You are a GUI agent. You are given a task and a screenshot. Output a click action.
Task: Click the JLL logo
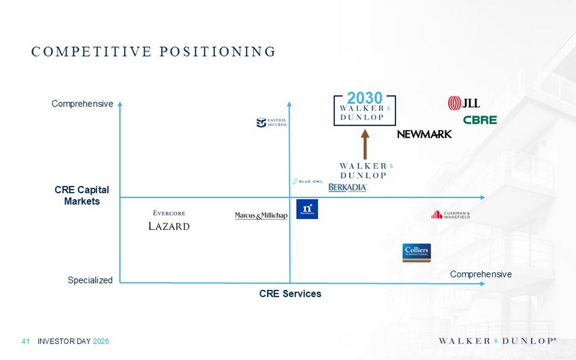(x=464, y=103)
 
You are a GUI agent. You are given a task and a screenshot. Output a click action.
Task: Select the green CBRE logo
(x=480, y=120)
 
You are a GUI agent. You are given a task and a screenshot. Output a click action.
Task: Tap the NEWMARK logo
(x=424, y=134)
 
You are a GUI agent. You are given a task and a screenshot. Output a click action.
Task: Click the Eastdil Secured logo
(x=271, y=122)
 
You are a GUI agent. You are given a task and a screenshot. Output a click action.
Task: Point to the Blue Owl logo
(x=308, y=181)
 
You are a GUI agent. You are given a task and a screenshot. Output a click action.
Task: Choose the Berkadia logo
(x=348, y=187)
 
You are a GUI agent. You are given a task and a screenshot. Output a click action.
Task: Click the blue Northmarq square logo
(x=307, y=209)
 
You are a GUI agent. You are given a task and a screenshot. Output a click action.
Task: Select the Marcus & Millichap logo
(x=261, y=215)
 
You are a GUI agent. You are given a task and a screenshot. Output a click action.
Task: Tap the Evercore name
(x=169, y=213)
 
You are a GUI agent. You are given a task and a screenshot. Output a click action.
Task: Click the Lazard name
(x=169, y=226)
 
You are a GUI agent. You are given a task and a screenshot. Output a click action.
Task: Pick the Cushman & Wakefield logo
(x=450, y=215)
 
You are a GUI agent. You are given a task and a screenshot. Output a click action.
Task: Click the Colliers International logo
(x=417, y=253)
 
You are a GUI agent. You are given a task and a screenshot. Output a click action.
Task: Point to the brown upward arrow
(x=365, y=144)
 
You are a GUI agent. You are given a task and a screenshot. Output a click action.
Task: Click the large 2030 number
(x=365, y=98)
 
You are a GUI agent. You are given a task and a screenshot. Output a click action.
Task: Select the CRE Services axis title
(x=290, y=294)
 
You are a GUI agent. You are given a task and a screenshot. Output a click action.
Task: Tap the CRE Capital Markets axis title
(x=82, y=195)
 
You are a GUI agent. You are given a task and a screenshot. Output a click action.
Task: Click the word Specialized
(x=90, y=280)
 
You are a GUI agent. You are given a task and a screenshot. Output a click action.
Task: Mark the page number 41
(x=26, y=341)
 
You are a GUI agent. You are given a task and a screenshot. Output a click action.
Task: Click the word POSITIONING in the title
(x=217, y=51)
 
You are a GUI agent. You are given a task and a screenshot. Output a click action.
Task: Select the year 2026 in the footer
(x=101, y=341)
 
